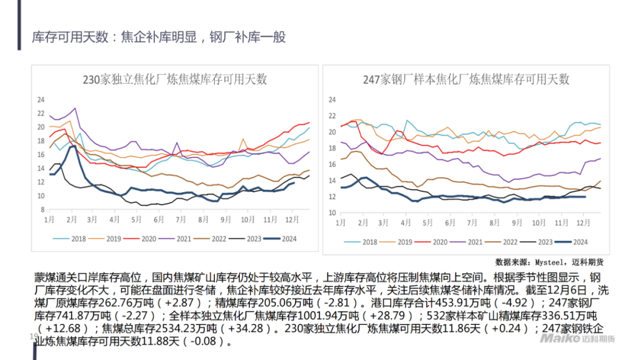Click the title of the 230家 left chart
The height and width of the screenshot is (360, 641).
175,79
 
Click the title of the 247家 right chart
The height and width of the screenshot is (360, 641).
466,79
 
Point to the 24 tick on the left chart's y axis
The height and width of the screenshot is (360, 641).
41,99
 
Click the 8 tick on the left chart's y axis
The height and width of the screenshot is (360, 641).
43,210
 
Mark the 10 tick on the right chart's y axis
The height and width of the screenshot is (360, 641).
332,212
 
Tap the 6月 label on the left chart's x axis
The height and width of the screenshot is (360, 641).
158,219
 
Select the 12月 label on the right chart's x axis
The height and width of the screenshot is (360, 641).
583,222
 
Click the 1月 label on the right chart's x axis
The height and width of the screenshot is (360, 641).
341,222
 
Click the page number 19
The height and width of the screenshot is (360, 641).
33,336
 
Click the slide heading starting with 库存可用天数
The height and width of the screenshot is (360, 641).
159,37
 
